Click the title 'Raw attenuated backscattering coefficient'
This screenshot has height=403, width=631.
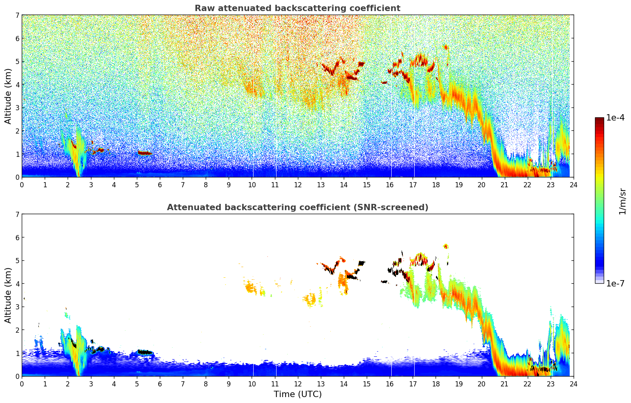coord(297,8)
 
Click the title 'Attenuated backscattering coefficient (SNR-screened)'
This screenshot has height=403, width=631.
coord(297,207)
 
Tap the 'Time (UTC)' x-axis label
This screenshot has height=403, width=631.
coord(297,394)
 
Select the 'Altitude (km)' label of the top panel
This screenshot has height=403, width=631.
coord(8,96)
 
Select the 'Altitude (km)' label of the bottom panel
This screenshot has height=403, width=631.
coord(8,295)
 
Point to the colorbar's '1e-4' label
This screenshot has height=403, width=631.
coord(615,118)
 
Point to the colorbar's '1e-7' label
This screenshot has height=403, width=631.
coord(615,283)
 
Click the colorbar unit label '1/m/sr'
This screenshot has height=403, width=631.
coord(622,201)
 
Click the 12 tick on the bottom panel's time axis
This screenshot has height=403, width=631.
coord(297,384)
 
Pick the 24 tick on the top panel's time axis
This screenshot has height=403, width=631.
coord(573,185)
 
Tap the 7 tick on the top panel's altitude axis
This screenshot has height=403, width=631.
coord(17,15)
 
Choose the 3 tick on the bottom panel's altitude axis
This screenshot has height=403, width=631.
coord(17,307)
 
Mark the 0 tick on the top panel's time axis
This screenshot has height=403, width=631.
coord(22,185)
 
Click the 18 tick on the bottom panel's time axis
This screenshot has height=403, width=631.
coord(436,384)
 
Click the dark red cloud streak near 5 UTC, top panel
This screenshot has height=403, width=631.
coord(144,153)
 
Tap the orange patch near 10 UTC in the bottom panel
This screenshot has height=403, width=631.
coord(250,288)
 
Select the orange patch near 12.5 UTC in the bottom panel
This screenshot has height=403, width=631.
coord(311,300)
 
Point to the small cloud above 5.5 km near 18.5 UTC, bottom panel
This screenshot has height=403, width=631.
coord(446,246)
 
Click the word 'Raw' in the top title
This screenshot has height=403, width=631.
coord(204,8)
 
